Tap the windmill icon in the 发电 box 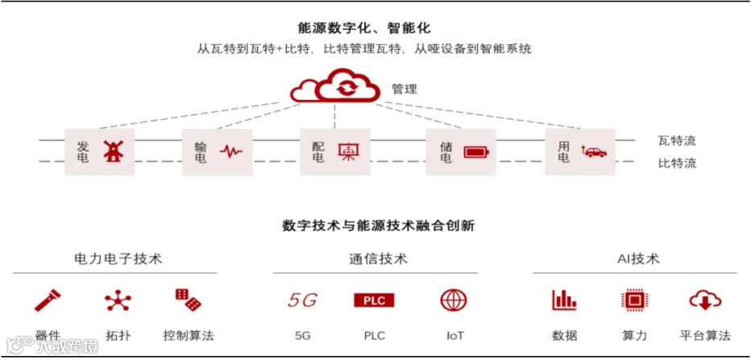[111, 151]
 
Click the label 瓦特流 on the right [677, 141]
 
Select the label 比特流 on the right [677, 163]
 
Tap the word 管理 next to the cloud [405, 89]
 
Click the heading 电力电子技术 [118, 259]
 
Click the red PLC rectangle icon [374, 300]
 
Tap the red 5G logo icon [302, 300]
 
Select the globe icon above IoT [454, 300]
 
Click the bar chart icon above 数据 [564, 300]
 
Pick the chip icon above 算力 [634, 300]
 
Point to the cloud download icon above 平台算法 [704, 300]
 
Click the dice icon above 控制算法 [188, 300]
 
